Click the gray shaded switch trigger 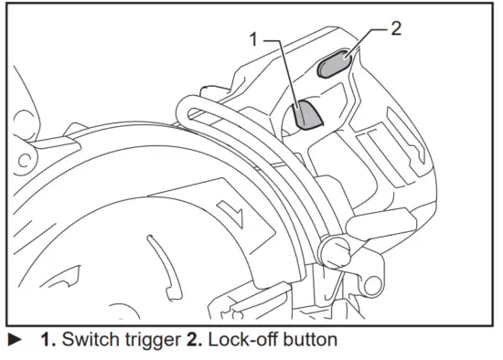pos(306,116)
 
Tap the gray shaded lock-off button pos(334,63)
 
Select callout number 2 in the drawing pos(395,27)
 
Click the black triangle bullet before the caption pos(12,340)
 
